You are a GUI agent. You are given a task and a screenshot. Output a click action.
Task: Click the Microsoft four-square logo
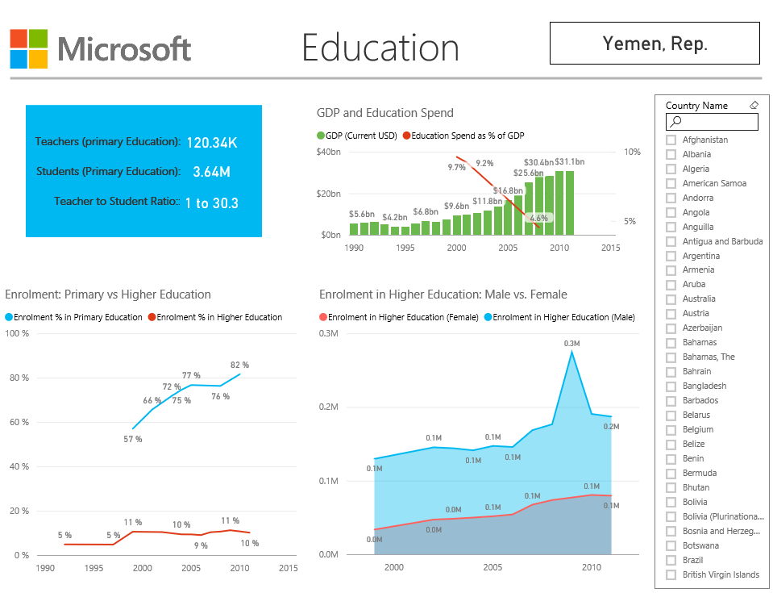[x=28, y=48]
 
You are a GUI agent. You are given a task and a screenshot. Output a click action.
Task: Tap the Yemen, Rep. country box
[x=655, y=44]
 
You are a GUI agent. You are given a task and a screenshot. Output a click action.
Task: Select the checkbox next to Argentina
[x=671, y=256]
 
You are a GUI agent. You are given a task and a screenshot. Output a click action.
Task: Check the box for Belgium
[x=671, y=429]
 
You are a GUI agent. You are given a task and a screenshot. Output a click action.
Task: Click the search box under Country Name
[x=712, y=122]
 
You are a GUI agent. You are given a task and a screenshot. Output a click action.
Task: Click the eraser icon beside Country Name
[x=754, y=106]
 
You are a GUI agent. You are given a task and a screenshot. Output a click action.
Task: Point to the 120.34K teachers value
[x=212, y=143]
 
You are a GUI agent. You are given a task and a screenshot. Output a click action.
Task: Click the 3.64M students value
[x=212, y=172]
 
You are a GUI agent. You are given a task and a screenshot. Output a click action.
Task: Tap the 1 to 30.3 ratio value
[x=212, y=203]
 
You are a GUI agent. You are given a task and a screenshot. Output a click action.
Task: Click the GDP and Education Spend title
[x=385, y=113]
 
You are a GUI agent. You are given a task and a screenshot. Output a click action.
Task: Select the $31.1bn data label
[x=569, y=162]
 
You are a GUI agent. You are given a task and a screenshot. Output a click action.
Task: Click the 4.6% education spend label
[x=538, y=218]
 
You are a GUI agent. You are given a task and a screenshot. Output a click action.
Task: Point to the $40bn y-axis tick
[x=329, y=152]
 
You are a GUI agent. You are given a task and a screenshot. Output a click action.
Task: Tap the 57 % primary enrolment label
[x=132, y=439]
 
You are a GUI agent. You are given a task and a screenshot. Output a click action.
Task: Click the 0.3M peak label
[x=571, y=344]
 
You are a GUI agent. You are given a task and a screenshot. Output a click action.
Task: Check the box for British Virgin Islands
[x=671, y=574]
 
